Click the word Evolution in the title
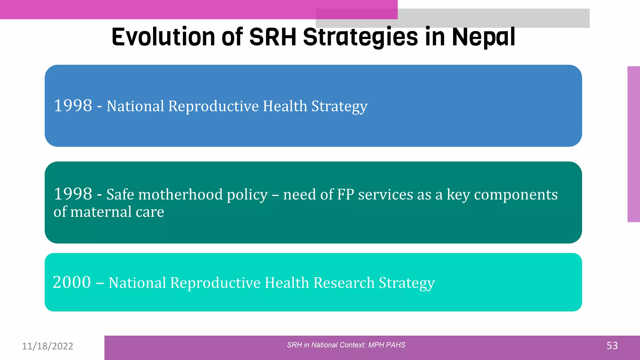(x=163, y=37)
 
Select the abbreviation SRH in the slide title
(x=272, y=37)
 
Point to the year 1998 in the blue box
(x=73, y=106)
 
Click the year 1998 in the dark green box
(x=73, y=194)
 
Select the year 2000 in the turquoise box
(x=72, y=282)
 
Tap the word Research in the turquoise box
(x=344, y=283)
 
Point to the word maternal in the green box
(x=101, y=212)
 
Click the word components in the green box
(x=516, y=194)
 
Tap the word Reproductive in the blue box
(x=213, y=106)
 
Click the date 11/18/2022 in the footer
(x=47, y=346)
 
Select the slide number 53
(x=612, y=346)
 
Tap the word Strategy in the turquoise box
(x=407, y=283)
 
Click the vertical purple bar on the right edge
(x=633, y=144)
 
